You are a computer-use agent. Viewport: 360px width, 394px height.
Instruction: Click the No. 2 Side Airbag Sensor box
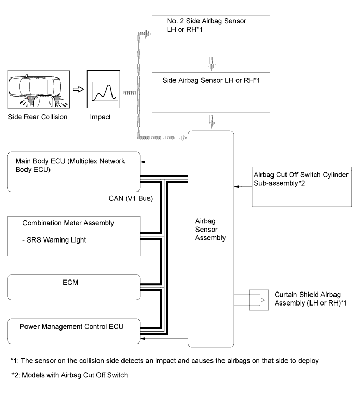[x=211, y=35]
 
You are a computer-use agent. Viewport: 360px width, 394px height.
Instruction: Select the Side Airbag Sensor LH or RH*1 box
[x=211, y=93]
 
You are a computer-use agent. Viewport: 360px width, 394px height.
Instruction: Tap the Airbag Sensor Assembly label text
[x=210, y=230]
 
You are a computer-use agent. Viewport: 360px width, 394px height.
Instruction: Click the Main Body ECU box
[x=73, y=172]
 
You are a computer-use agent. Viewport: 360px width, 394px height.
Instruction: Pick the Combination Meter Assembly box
[x=73, y=236]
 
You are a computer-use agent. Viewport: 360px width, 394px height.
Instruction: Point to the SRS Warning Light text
[x=54, y=240]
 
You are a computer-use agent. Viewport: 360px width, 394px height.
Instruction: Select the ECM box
[x=73, y=287]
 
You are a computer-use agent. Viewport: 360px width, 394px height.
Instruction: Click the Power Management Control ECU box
[x=73, y=331]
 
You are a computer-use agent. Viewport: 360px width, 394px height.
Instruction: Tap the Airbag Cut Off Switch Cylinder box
[x=302, y=187]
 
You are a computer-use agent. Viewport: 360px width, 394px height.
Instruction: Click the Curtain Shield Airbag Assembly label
[x=311, y=299]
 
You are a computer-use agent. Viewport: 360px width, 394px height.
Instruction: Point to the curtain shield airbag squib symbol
[x=259, y=300]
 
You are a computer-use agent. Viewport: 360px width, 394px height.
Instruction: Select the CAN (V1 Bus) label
[x=131, y=198]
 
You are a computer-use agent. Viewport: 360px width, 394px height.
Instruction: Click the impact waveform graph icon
[x=103, y=89]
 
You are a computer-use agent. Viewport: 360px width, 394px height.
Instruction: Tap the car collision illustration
[x=39, y=90]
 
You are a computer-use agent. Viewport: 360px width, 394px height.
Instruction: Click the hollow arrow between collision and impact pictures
[x=78, y=89]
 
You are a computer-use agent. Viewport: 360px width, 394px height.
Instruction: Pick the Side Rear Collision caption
[x=38, y=117]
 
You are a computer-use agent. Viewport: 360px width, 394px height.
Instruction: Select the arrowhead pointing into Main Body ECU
[x=143, y=162]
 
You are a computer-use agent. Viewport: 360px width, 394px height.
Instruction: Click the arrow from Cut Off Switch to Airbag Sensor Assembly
[x=243, y=187]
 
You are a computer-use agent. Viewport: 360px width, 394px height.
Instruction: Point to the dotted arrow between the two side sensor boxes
[x=211, y=64]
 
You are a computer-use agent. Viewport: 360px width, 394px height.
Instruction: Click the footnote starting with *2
[x=70, y=375]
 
